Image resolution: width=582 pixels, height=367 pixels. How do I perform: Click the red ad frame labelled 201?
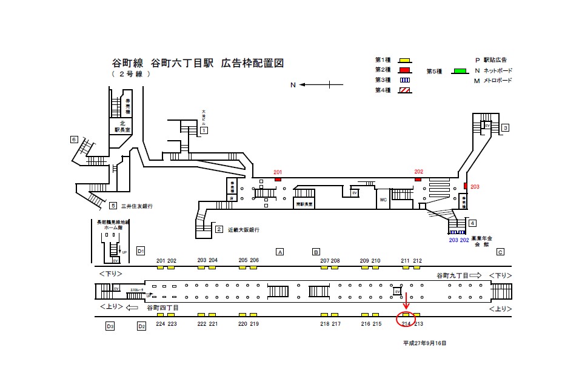pyautogui.click(x=278, y=179)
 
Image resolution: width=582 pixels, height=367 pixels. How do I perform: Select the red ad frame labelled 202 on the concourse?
pyautogui.click(x=418, y=179)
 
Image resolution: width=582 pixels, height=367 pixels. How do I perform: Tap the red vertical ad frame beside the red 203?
pyautogui.click(x=465, y=186)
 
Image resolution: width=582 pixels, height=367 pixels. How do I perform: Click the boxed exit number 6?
pyautogui.click(x=74, y=140)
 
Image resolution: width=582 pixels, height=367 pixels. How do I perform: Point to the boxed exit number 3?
pyautogui.click(x=505, y=127)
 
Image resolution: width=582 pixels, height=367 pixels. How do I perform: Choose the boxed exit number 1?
pyautogui.click(x=204, y=130)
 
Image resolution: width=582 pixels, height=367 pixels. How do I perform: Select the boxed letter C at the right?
pyautogui.click(x=500, y=252)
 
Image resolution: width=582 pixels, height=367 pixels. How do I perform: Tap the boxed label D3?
pyautogui.click(x=110, y=326)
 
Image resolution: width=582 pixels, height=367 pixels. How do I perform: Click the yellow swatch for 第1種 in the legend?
pyautogui.click(x=404, y=61)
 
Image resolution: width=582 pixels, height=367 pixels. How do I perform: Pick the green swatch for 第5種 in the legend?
pyautogui.click(x=460, y=72)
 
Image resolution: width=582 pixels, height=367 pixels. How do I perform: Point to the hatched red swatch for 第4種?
pyautogui.click(x=404, y=90)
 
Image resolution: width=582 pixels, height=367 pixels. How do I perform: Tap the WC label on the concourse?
pyautogui.click(x=383, y=199)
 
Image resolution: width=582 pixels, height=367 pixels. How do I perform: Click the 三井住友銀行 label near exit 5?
pyautogui.click(x=137, y=206)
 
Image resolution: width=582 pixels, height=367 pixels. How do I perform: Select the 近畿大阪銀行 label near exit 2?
pyautogui.click(x=244, y=230)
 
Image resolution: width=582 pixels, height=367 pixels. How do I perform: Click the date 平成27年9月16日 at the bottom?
pyautogui.click(x=424, y=343)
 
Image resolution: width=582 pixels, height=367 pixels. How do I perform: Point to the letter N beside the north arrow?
pyautogui.click(x=292, y=85)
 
